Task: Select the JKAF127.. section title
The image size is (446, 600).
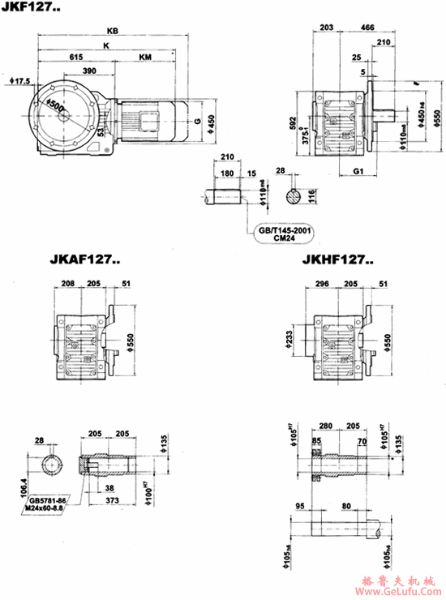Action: click(x=85, y=261)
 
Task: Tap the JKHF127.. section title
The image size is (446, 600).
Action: click(x=338, y=261)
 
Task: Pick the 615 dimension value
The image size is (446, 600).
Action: click(x=75, y=58)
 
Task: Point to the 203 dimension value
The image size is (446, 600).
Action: click(x=327, y=28)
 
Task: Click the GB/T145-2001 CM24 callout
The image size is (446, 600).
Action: click(x=285, y=234)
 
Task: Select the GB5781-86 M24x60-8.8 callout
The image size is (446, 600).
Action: click(x=50, y=507)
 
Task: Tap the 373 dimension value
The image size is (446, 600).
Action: click(x=113, y=500)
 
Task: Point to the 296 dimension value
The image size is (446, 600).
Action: click(x=322, y=285)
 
